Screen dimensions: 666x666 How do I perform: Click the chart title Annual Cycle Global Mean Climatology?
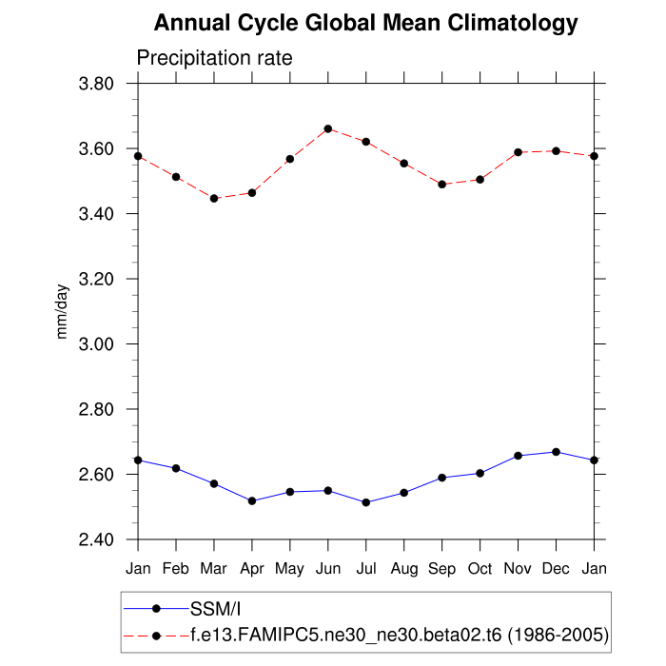pos(365,23)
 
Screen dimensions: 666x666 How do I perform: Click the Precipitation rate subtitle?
pos(214,58)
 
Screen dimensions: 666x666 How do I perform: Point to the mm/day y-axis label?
pos(63,312)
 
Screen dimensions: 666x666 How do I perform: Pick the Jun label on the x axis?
pos(327,569)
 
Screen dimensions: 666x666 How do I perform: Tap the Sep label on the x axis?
pos(441,569)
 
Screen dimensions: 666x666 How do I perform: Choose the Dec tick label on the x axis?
pos(556,569)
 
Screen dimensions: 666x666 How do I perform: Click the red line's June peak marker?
pos(328,128)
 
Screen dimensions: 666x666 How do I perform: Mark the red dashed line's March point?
pos(214,198)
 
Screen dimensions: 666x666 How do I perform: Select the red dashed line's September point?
pos(442,184)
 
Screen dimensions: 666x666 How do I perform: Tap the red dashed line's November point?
pos(519,152)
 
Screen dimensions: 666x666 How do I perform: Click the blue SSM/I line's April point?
pos(252,500)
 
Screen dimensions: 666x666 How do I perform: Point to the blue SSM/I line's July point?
pos(366,502)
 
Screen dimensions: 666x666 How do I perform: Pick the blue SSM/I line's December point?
pos(557,452)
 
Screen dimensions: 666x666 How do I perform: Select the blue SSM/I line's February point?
pos(176,468)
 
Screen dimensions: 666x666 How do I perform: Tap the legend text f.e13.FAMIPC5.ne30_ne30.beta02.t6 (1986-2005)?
pos(400,634)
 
